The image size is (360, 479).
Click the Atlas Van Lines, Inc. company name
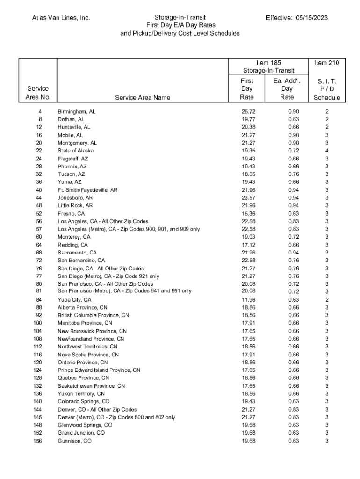pyautogui.click(x=60, y=18)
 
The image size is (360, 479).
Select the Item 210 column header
pyautogui.click(x=327, y=63)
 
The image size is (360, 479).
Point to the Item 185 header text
pyautogui.click(x=269, y=63)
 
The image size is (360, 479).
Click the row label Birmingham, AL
pyautogui.click(x=76, y=112)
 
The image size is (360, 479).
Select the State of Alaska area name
pyautogui.click(x=75, y=151)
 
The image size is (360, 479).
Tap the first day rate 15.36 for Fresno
pyautogui.click(x=248, y=213)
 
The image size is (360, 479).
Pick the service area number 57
pyautogui.click(x=39, y=229)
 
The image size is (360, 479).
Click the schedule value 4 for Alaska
pyautogui.click(x=327, y=151)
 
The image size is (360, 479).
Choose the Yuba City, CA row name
pyautogui.click(x=74, y=300)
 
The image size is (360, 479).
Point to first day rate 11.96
pyautogui.click(x=248, y=300)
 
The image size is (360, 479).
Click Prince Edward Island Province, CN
pyautogui.click(x=99, y=370)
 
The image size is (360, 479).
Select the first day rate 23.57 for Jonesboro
pyautogui.click(x=248, y=198)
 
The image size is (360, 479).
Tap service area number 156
pyautogui.click(x=37, y=441)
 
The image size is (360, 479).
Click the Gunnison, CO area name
pyautogui.click(x=74, y=441)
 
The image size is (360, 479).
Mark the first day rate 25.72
pyautogui.click(x=248, y=112)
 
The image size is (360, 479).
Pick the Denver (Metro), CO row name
pyautogui.click(x=116, y=417)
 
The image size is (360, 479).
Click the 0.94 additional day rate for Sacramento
pyautogui.click(x=293, y=253)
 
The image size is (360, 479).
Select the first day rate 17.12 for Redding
pyautogui.click(x=248, y=245)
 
